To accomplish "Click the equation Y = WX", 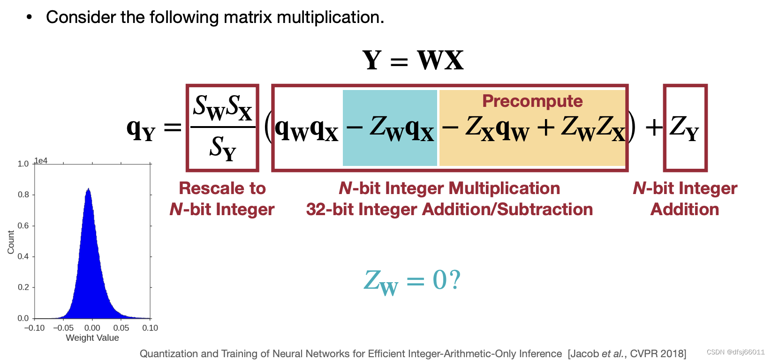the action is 413,60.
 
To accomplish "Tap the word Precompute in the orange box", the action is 532,101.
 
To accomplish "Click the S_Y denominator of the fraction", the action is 223,148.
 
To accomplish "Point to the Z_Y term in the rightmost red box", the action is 684,127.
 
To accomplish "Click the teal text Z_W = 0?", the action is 412,281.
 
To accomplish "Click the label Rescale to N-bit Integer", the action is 222,199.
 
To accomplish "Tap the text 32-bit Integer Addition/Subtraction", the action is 449,210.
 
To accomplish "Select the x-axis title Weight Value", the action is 92,338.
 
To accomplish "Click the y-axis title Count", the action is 11,242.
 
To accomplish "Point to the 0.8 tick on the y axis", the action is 23,195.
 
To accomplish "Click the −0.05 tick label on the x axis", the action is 63,328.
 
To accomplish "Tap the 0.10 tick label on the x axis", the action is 150,328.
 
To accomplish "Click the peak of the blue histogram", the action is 88,189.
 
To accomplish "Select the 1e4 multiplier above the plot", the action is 41,161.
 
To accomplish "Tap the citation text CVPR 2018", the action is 658,353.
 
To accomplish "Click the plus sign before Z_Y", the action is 654,127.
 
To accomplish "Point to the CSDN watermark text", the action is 735,352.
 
